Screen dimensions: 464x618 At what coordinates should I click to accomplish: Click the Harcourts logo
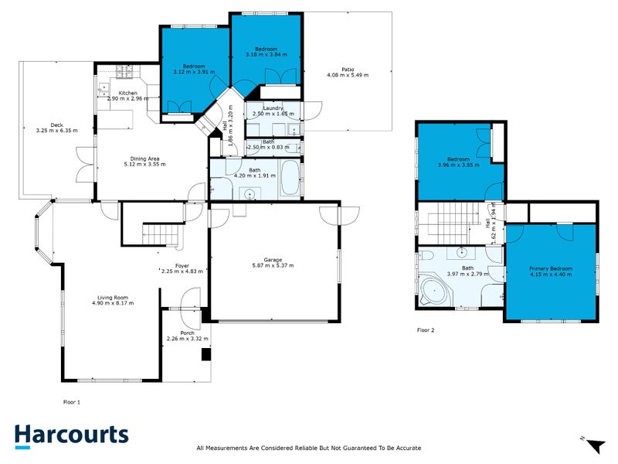coord(71,435)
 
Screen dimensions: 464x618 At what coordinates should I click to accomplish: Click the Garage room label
coord(273,260)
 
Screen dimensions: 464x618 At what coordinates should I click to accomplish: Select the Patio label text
coord(348,69)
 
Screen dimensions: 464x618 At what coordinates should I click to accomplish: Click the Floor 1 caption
coord(71,402)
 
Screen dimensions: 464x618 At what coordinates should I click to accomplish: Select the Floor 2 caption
coord(426,330)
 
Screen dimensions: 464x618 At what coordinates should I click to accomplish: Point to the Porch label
coord(187,333)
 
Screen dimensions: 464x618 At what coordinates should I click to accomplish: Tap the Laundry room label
coord(273,108)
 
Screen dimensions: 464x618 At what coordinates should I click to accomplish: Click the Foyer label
coord(182,265)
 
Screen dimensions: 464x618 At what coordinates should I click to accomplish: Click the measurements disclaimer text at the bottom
coord(309,448)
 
